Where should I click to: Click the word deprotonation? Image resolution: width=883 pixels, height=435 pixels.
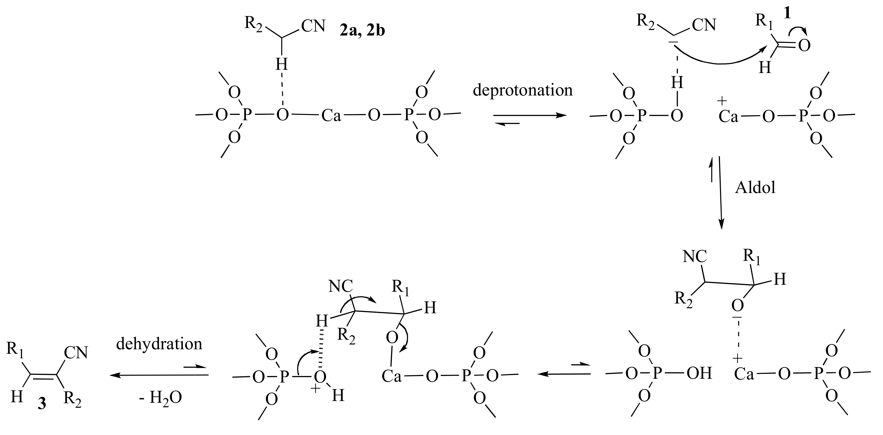pos(523,90)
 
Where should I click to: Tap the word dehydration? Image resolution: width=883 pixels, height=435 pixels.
pos(159,344)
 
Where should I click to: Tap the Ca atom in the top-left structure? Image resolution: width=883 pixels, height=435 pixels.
pos(331,116)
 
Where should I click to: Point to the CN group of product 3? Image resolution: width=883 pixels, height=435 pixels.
pos(76,353)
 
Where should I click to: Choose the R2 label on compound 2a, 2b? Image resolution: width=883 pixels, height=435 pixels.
pos(253,24)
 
